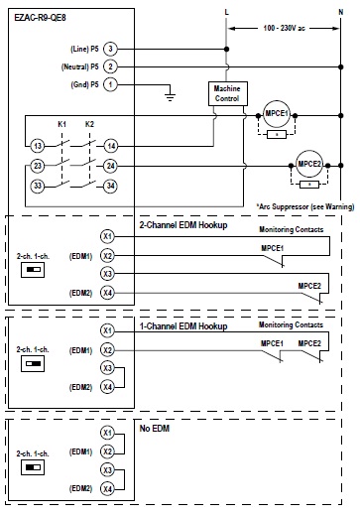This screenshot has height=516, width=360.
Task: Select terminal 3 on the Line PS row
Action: point(110,48)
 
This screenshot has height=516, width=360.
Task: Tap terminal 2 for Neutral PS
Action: point(110,65)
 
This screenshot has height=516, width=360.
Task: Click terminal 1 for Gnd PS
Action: point(110,84)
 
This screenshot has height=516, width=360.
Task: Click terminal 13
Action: point(37,145)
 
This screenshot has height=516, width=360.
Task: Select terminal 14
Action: point(112,145)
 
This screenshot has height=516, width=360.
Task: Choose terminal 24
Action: point(112,165)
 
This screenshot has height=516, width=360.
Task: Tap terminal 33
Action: point(37,185)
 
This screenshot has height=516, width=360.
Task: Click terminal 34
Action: point(112,185)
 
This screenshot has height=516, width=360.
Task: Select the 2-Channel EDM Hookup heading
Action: point(182,226)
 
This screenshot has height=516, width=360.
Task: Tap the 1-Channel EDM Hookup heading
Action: point(182,325)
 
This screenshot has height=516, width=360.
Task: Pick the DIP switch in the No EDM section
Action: point(37,464)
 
